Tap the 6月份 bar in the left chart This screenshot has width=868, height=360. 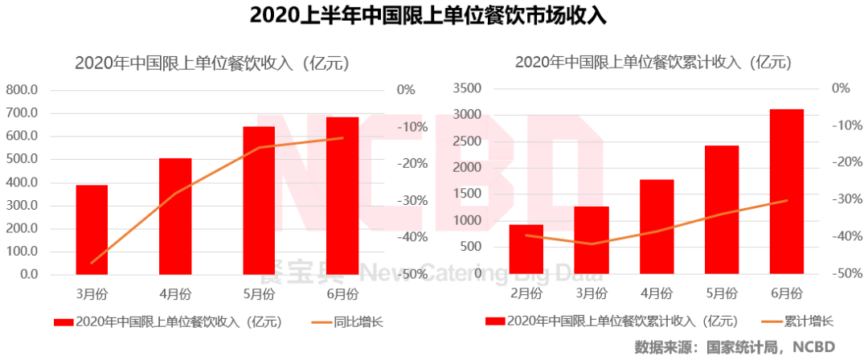tap(342, 196)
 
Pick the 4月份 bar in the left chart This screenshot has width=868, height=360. tap(175, 216)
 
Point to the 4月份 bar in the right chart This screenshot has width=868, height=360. tap(657, 227)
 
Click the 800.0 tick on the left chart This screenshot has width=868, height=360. tap(23, 90)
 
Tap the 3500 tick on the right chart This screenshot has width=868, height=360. tap(467, 88)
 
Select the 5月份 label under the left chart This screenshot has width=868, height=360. tap(259, 291)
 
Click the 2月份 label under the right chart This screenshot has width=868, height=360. tap(526, 291)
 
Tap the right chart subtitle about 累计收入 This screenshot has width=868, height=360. tap(653, 63)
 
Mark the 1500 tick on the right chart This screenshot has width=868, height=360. tap(467, 194)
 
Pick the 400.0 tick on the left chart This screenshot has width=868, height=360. tap(23, 182)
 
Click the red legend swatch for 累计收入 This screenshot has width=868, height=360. tap(493, 322)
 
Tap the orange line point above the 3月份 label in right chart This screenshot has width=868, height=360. tap(592, 243)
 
